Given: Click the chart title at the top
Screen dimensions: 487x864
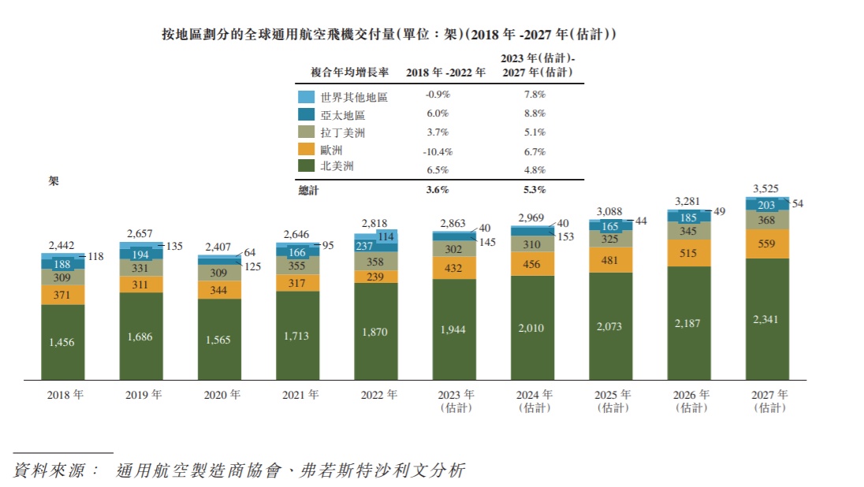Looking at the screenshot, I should (x=389, y=35).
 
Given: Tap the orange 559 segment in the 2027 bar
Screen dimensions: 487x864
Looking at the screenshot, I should (x=767, y=243).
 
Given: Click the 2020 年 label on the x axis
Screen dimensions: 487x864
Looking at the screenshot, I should (x=220, y=396).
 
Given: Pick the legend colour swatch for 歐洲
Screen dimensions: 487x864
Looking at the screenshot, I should (x=307, y=150).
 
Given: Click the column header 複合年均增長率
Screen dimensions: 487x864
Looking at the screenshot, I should (x=350, y=72).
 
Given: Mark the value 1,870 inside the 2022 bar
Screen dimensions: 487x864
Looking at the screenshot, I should (x=375, y=331).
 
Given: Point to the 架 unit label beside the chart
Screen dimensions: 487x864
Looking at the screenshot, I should (x=54, y=180).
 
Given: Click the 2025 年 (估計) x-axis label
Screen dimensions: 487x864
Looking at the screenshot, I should (x=613, y=401).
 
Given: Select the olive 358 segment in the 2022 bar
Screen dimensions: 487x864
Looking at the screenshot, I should (x=375, y=261).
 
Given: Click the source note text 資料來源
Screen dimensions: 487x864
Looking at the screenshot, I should (x=56, y=471).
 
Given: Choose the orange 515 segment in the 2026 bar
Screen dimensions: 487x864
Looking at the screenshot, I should (x=689, y=252).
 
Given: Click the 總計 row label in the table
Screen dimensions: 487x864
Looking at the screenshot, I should (x=309, y=190).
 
